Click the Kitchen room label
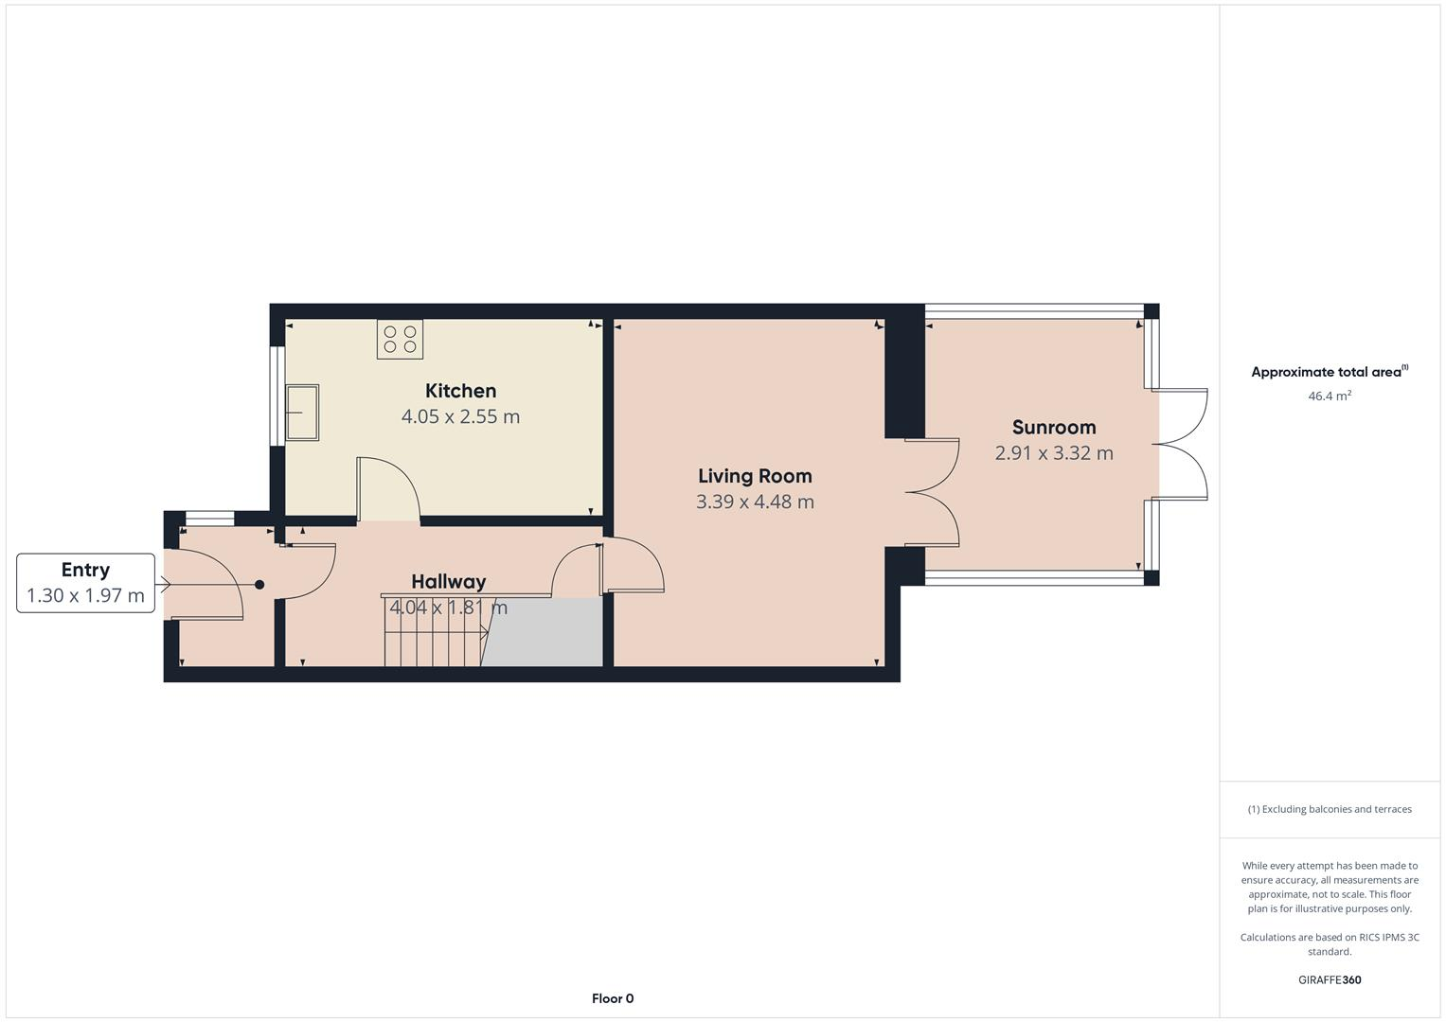coord(460,391)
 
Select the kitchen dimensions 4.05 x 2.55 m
coord(460,416)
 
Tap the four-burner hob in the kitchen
coord(400,340)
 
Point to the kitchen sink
coord(303,413)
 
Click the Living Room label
coord(755,476)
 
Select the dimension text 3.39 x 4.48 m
coord(755,502)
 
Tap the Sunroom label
coord(1053,427)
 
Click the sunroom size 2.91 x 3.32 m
coord(1053,453)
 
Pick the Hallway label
coord(448,581)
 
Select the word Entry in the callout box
coord(85,570)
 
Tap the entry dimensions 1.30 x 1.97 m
coord(85,596)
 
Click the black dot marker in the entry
coord(259,585)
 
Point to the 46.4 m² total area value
coord(1329,396)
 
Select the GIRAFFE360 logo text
coord(1329,979)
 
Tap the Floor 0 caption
coord(613,998)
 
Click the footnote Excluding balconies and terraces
coord(1329,809)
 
